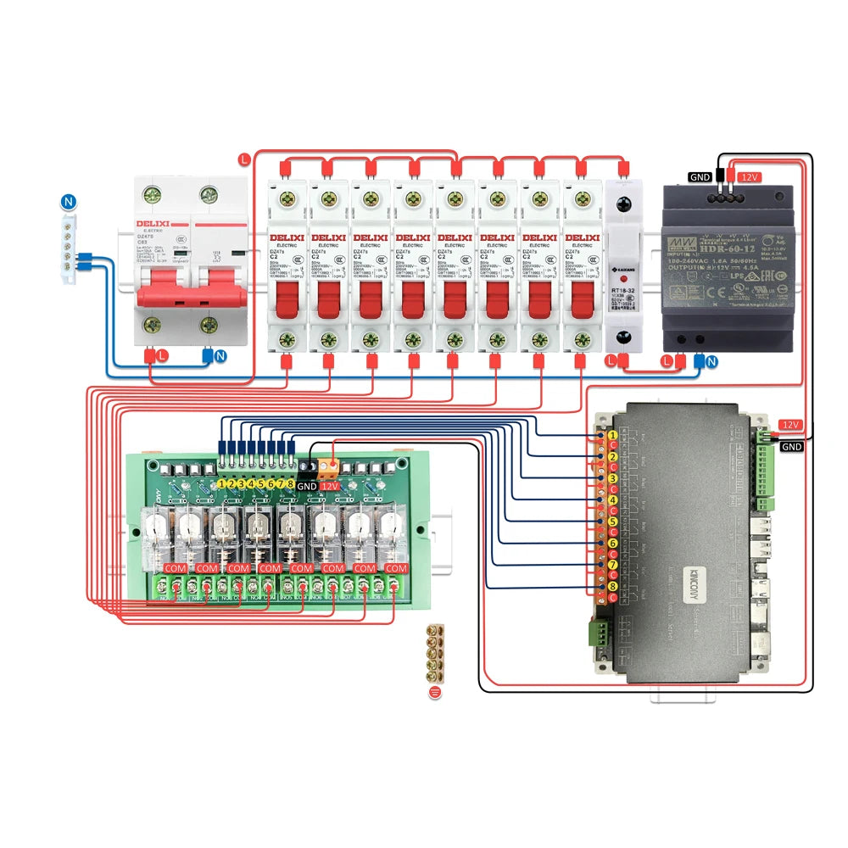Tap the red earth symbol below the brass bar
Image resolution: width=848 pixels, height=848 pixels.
436,693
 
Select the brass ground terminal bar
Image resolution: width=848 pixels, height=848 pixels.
436,656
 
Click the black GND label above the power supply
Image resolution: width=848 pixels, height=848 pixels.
700,177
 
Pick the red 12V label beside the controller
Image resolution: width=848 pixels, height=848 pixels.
790,424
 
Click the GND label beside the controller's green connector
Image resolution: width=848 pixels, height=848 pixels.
792,446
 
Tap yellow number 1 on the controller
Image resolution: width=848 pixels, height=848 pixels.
612,435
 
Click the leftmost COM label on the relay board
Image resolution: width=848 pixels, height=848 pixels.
176,567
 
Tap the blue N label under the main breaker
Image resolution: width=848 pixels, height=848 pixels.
220,357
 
